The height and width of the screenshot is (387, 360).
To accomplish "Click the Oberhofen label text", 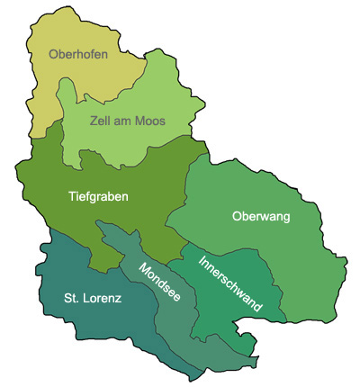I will point(78,55).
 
